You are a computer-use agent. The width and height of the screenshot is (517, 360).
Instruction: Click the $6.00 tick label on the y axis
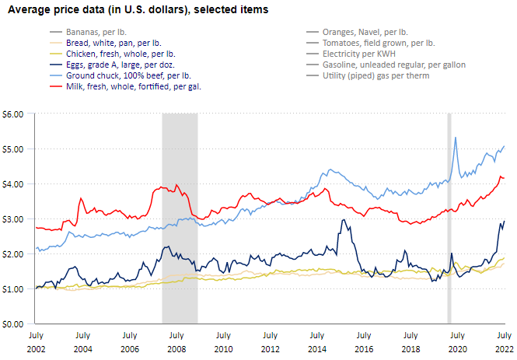click(15, 114)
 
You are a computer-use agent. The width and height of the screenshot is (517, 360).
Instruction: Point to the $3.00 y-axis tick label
click(15, 218)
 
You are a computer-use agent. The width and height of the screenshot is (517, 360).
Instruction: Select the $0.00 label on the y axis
click(15, 323)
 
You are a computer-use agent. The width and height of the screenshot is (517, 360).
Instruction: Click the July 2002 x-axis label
click(36, 342)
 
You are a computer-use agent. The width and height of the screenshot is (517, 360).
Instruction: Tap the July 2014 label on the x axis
click(316, 342)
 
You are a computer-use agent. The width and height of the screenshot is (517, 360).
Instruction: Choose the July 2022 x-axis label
click(504, 342)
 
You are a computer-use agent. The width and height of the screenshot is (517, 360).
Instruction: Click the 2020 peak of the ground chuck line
click(455, 138)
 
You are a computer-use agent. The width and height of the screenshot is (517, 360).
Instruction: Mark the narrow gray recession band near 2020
click(449, 218)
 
